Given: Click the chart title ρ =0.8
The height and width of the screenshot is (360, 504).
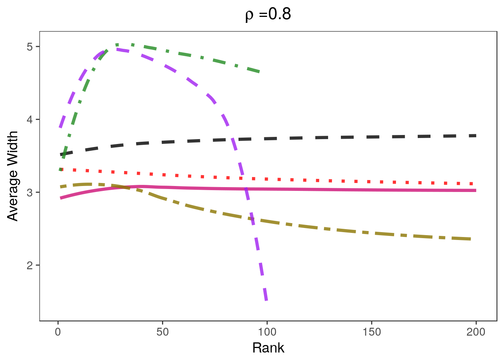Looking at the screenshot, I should click(268, 15).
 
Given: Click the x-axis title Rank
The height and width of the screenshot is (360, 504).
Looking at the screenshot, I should click(268, 348).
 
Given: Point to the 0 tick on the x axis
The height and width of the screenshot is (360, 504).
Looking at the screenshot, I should click(58, 332).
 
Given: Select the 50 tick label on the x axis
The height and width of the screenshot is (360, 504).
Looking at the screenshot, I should click(162, 332).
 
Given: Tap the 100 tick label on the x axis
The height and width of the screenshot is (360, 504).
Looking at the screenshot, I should click(267, 332).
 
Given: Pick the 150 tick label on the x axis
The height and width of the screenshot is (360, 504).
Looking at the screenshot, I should click(371, 332).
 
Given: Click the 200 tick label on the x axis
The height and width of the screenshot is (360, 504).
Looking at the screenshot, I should click(476, 332).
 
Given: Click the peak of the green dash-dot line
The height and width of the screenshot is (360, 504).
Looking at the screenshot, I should click(117, 45).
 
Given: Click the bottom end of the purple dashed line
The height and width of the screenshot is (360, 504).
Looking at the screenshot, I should click(266, 300).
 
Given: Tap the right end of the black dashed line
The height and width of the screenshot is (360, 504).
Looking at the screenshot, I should click(475, 135).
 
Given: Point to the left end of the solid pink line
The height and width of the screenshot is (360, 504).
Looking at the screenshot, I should click(60, 198).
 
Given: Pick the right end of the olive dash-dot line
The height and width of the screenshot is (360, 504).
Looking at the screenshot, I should click(471, 239).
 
